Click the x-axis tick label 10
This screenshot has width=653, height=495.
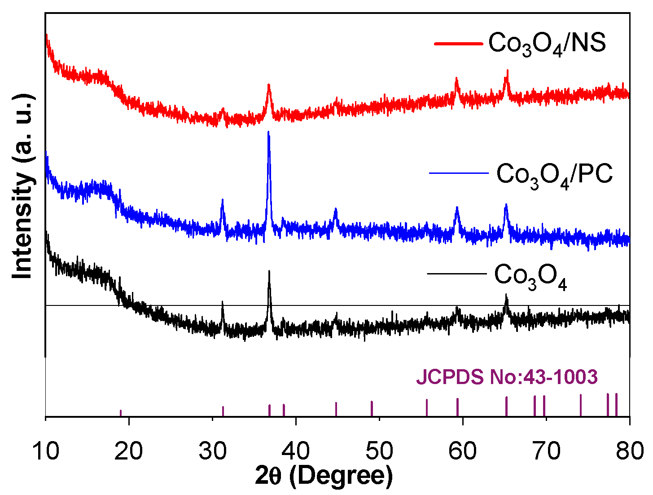(x=46, y=451)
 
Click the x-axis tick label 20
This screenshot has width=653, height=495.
(x=129, y=451)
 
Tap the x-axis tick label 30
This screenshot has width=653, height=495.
(x=212, y=451)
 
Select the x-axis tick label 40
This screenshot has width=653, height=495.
(x=296, y=451)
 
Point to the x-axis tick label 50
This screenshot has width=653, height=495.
(x=379, y=451)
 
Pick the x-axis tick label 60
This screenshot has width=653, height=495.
(x=463, y=451)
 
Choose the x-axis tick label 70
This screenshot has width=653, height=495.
(x=546, y=451)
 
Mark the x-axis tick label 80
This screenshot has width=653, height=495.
(x=629, y=451)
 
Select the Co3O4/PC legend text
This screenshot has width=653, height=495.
(x=554, y=175)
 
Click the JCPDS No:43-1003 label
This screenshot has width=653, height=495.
(x=507, y=377)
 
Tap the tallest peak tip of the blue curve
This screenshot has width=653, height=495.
(x=268, y=132)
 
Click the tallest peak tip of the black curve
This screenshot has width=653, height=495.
(x=269, y=271)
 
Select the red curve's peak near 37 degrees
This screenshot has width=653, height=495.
(x=268, y=85)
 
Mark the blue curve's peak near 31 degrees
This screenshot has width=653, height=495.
(x=222, y=200)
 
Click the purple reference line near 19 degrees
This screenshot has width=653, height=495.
(x=121, y=413)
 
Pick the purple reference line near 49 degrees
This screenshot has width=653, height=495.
(x=372, y=408)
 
